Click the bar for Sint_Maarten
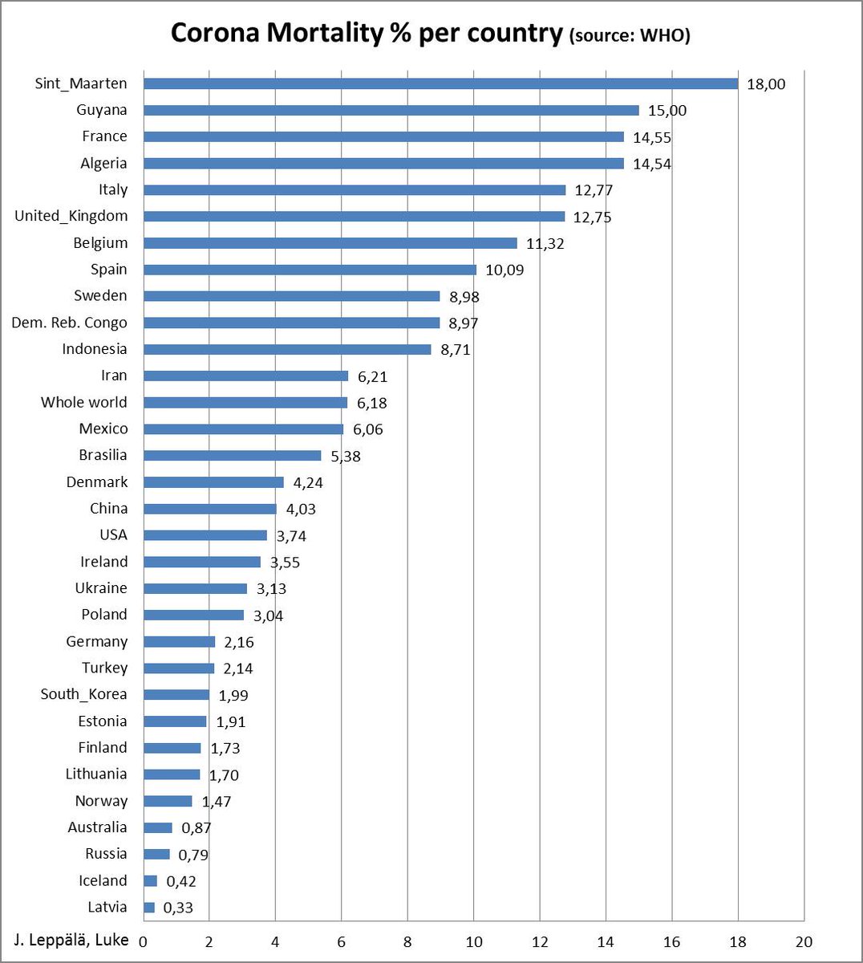440,83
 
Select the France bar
383,136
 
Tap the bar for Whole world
245,402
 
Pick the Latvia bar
149,908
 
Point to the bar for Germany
179,641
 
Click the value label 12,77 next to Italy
594,190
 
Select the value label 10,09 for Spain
504,270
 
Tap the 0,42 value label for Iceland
181,881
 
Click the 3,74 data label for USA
291,535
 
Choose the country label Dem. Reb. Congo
69,323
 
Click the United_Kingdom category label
71,216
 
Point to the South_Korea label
83,694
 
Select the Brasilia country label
103,455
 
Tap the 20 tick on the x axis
804,941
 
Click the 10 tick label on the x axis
473,941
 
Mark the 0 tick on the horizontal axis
144,941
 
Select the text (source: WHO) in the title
629,35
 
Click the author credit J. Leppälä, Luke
71,940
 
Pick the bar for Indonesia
287,349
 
